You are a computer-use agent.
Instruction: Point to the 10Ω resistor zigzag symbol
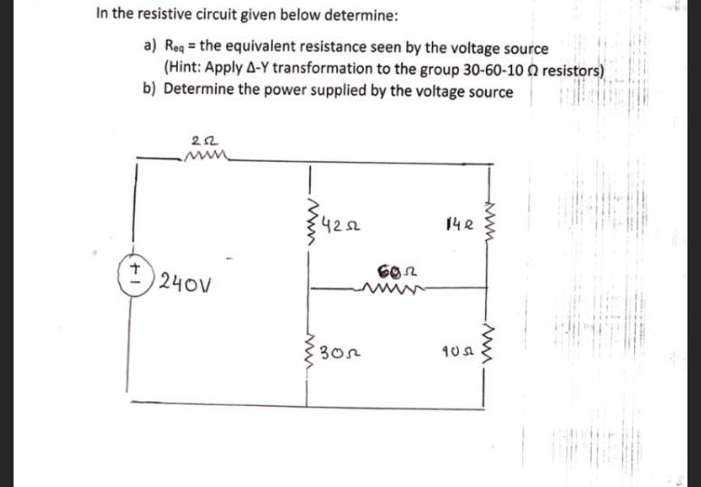(491, 348)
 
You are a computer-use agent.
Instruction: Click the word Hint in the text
(185, 69)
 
